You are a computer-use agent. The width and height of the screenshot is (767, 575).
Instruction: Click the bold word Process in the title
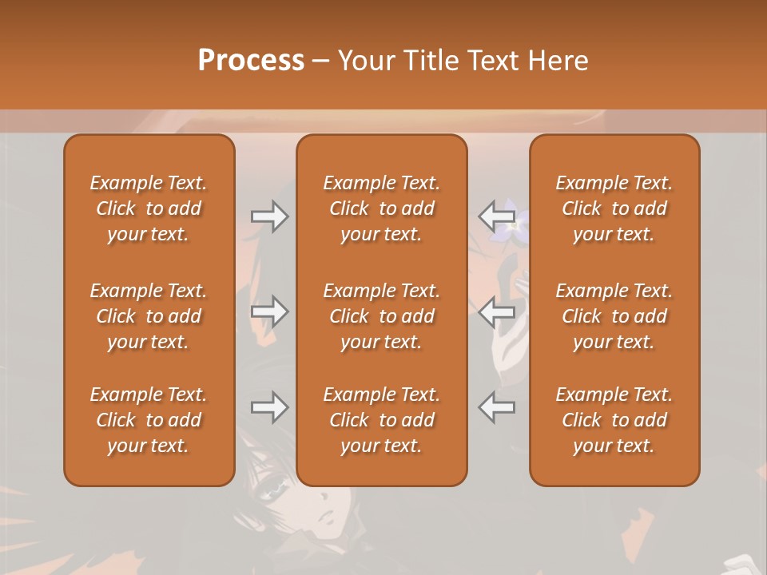[x=251, y=61]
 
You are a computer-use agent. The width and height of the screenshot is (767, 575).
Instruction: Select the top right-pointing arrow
[x=269, y=216]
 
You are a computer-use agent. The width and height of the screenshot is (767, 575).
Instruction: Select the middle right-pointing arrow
[x=269, y=311]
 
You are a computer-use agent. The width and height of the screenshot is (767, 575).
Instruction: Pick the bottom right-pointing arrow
[x=269, y=407]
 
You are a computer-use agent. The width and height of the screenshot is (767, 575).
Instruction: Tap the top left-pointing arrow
[x=496, y=216]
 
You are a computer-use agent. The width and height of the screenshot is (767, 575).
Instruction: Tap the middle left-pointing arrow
[x=496, y=311]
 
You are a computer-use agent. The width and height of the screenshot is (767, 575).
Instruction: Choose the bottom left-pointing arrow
[x=496, y=407]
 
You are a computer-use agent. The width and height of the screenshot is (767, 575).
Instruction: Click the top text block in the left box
[x=149, y=208]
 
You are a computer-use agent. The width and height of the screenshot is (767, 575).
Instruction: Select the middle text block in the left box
[x=149, y=316]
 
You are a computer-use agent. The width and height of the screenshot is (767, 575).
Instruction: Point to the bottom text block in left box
[x=149, y=420]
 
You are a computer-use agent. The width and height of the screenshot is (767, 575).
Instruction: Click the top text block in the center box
[x=381, y=208]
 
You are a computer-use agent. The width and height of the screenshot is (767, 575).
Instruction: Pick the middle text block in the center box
[x=381, y=316]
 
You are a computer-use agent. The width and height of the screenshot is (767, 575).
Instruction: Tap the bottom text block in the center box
[x=381, y=420]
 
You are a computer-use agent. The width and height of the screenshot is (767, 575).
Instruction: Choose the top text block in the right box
[x=614, y=208]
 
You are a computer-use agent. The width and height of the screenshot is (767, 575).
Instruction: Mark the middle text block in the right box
[x=614, y=316]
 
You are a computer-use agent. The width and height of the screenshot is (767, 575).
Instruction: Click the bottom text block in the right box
[x=614, y=420]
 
